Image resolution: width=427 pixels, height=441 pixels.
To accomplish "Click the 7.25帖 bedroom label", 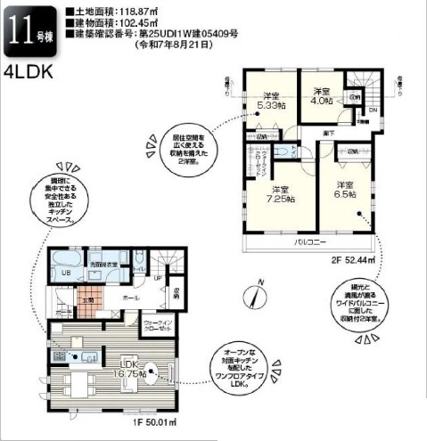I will click(x=280, y=196).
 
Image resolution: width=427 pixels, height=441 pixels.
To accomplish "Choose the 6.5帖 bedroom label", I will click(x=345, y=189).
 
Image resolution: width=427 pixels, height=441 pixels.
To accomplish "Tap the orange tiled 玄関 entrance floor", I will click(x=87, y=302).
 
